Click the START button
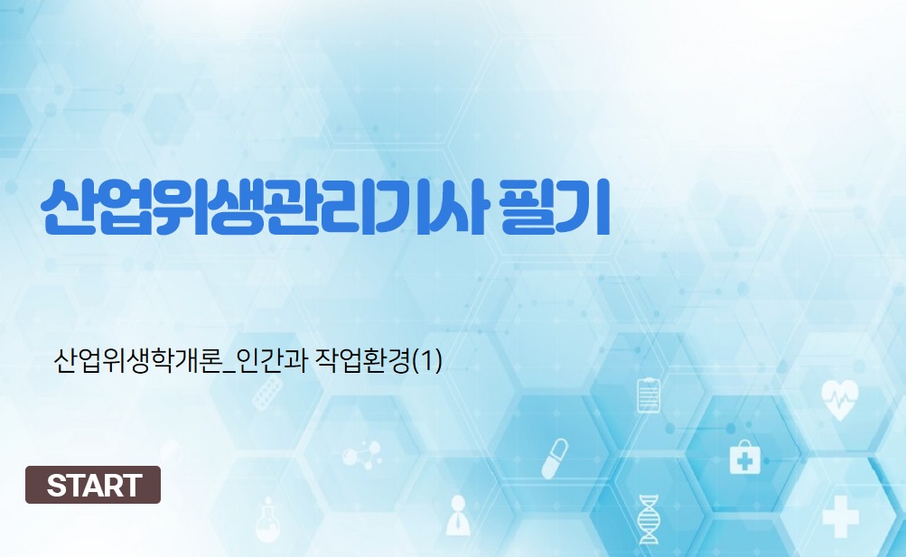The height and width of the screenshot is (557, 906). point(93,485)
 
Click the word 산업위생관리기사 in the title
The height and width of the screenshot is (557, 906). point(266,208)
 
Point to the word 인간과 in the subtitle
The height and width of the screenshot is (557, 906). point(272,361)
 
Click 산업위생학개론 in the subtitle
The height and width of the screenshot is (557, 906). point(137,361)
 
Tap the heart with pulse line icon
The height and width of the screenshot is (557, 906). point(839,399)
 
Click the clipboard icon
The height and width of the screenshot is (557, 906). point(649,395)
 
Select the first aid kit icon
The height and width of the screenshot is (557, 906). point(745,457)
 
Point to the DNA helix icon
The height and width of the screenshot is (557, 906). point(648,519)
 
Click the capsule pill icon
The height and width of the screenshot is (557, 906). point(555,459)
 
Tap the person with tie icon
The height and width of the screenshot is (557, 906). point(458,515)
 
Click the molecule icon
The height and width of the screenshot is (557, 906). point(361,455)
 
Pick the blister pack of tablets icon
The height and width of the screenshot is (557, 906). point(266,395)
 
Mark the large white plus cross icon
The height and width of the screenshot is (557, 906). point(840,516)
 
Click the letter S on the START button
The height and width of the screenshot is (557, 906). point(57,486)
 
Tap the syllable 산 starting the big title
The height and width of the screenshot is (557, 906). point(68,208)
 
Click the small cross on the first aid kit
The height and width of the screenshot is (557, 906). point(745,461)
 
